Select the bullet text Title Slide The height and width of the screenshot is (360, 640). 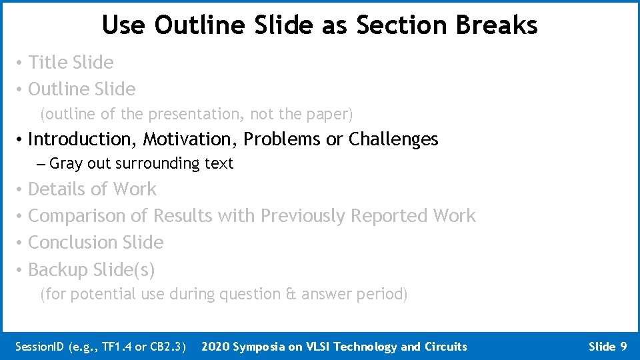(71, 63)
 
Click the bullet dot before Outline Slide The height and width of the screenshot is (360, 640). (21, 89)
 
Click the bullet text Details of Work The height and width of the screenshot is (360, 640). (92, 189)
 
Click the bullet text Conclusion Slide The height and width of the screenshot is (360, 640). (95, 243)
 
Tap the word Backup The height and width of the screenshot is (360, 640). (58, 270)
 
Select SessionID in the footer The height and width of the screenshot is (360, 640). (39, 347)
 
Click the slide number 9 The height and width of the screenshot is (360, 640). (623, 347)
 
